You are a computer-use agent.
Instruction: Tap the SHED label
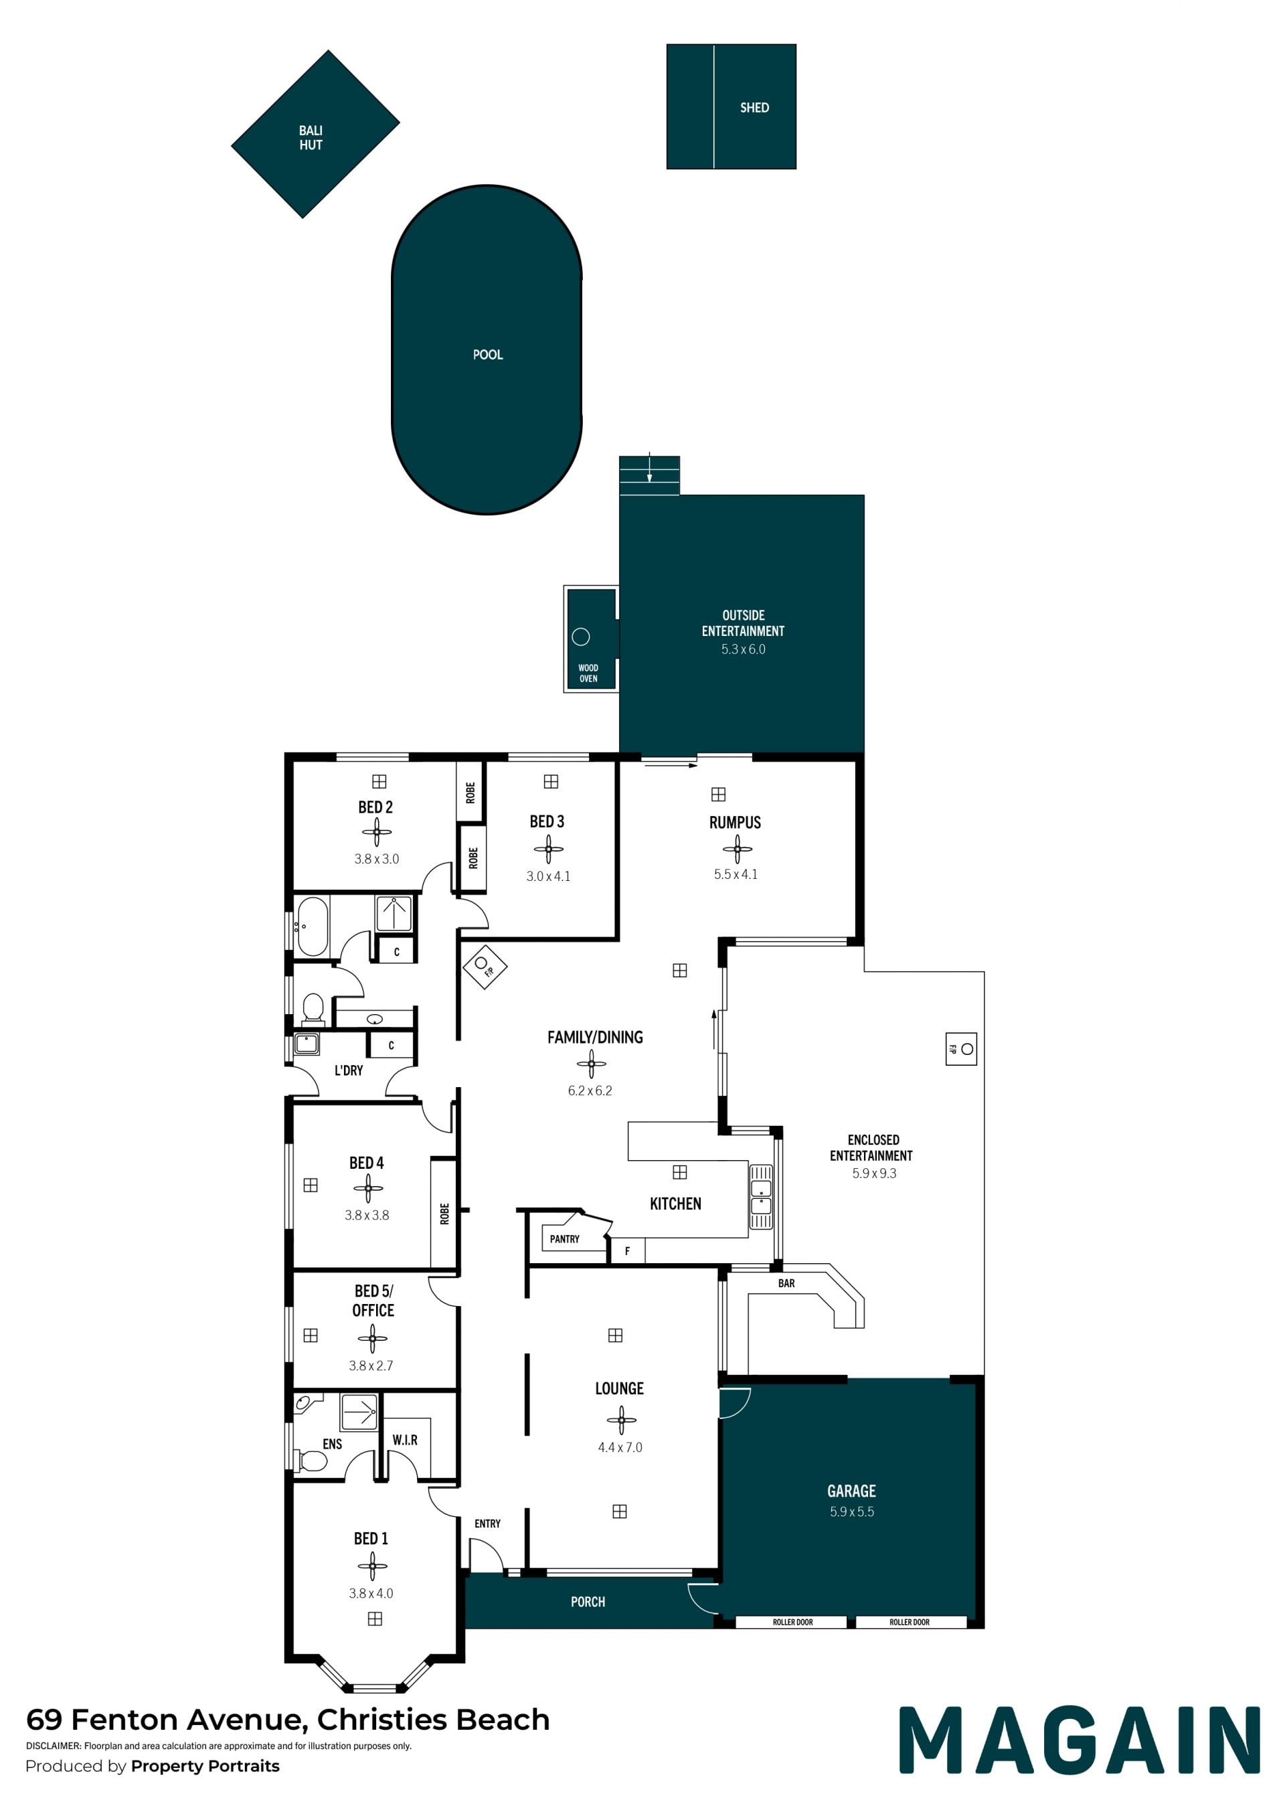pyautogui.click(x=754, y=108)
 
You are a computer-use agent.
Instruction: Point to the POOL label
pyautogui.click(x=488, y=354)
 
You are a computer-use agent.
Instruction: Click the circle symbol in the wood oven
pyautogui.click(x=581, y=636)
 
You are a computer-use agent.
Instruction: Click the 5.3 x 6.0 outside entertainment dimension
pyautogui.click(x=744, y=649)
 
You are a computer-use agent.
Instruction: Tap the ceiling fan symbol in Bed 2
pyautogui.click(x=376, y=831)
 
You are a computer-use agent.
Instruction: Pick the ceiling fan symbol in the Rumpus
pyautogui.click(x=737, y=849)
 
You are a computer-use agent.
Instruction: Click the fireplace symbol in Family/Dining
pyautogui.click(x=484, y=966)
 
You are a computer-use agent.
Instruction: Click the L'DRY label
pyautogui.click(x=349, y=1070)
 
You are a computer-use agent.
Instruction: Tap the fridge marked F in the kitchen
pyautogui.click(x=628, y=1250)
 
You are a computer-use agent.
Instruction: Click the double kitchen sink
pyautogui.click(x=761, y=1197)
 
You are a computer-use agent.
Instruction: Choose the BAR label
pyautogui.click(x=786, y=1283)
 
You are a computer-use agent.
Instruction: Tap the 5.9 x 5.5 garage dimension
pyautogui.click(x=852, y=1512)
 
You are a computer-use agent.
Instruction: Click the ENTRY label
pyautogui.click(x=488, y=1524)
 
